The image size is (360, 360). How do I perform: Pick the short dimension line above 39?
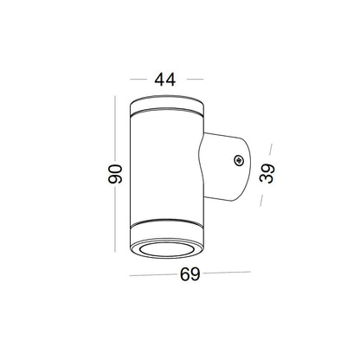tap(267, 148)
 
